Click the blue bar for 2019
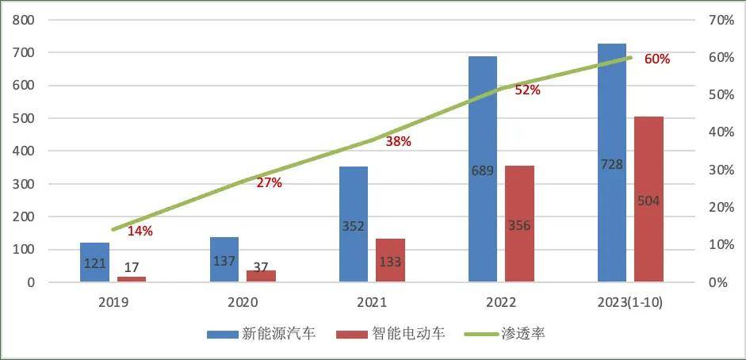pyautogui.click(x=95, y=262)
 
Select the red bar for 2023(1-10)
pyautogui.click(x=648, y=199)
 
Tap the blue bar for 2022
pyautogui.click(x=482, y=169)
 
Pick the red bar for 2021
pyautogui.click(x=390, y=260)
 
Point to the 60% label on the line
pyautogui.click(x=657, y=59)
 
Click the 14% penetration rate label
pyautogui.click(x=140, y=232)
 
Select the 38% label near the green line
pyautogui.click(x=398, y=142)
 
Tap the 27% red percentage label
pyautogui.click(x=269, y=182)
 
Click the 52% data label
pyautogui.click(x=527, y=90)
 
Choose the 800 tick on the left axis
pyautogui.click(x=22, y=20)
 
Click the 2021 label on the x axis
pyautogui.click(x=373, y=302)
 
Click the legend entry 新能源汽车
pyautogui.click(x=261, y=334)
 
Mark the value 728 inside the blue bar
pyautogui.click(x=612, y=164)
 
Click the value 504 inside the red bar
pyautogui.click(x=648, y=201)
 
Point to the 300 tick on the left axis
pyautogui.click(x=22, y=184)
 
